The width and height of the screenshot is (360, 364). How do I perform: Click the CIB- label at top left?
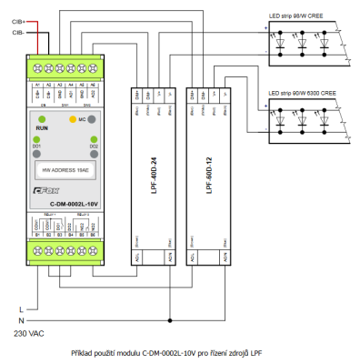pyautogui.click(x=18, y=31)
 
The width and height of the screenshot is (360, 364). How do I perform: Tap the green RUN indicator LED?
pyautogui.click(x=42, y=119)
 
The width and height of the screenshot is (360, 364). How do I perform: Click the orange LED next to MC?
pyautogui.click(x=73, y=119)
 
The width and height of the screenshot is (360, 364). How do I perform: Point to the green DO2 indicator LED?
pyautogui.click(x=94, y=138)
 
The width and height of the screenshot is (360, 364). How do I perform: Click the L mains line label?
pyautogui.click(x=21, y=310)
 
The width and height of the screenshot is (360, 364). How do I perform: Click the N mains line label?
pyautogui.click(x=21, y=321)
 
